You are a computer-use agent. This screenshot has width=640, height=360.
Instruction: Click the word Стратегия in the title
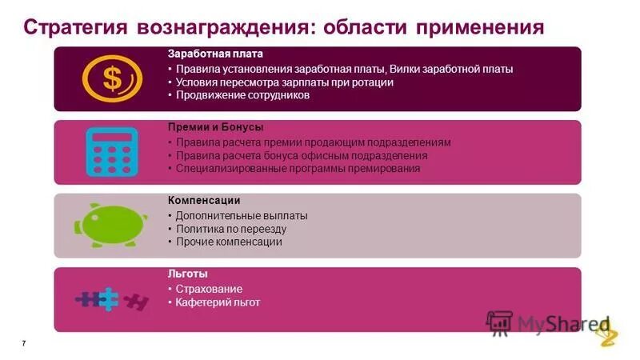75,26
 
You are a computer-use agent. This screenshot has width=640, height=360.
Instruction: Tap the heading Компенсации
204,200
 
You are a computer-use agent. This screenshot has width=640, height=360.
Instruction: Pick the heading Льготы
188,274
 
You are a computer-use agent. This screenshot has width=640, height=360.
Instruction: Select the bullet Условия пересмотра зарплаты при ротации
284,82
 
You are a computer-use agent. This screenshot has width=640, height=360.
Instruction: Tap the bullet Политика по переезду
231,229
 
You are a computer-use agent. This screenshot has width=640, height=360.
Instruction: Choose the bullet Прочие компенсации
229,242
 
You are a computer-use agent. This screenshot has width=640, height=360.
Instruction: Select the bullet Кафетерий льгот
218,302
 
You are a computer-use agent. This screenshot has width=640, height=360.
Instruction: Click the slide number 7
24,343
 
